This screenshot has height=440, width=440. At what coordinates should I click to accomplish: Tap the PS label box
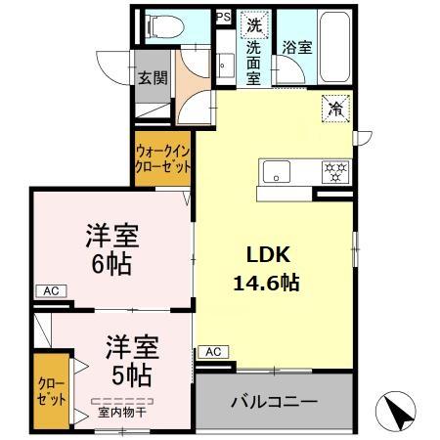(x=222, y=17)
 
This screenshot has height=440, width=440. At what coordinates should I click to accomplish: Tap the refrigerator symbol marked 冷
(x=335, y=110)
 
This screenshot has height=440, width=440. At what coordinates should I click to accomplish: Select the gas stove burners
(x=336, y=172)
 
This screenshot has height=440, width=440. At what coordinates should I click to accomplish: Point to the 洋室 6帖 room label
(x=110, y=249)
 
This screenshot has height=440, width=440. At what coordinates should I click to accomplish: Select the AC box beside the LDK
(x=213, y=351)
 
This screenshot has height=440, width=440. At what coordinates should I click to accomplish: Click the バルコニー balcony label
(x=274, y=402)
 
